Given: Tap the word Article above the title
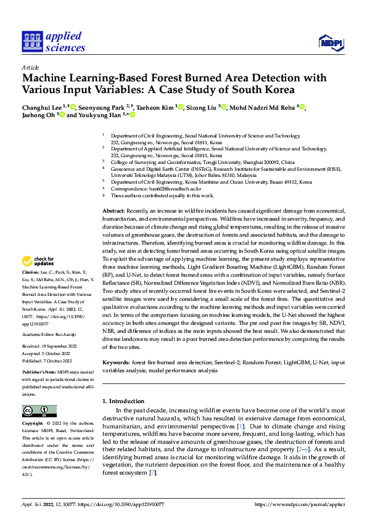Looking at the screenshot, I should click(30, 67).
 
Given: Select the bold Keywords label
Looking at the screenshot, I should click(116, 364).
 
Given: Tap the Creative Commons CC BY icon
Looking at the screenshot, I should click(39, 411).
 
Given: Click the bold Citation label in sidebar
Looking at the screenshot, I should click(31, 271).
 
